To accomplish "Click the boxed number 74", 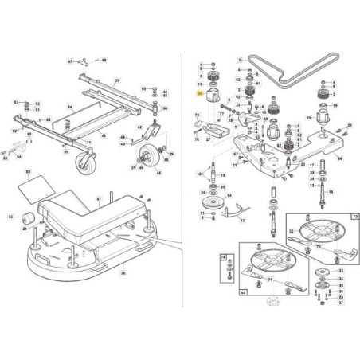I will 224,257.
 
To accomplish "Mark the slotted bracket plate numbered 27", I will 213,129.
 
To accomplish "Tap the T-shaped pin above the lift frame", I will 93,61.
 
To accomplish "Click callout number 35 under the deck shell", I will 123,273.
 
